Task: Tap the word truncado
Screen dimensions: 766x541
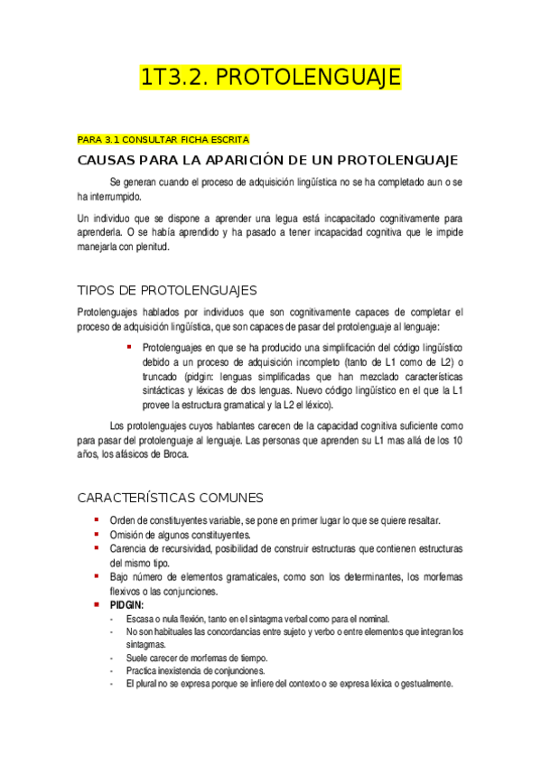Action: (161, 376)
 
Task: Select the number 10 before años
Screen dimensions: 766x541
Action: (458, 441)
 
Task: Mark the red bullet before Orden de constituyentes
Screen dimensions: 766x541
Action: (97, 520)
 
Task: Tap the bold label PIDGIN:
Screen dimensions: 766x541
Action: (126, 604)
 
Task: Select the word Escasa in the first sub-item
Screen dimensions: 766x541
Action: (141, 619)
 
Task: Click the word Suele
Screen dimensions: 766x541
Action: (138, 659)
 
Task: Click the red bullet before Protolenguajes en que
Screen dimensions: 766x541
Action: (129, 347)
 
